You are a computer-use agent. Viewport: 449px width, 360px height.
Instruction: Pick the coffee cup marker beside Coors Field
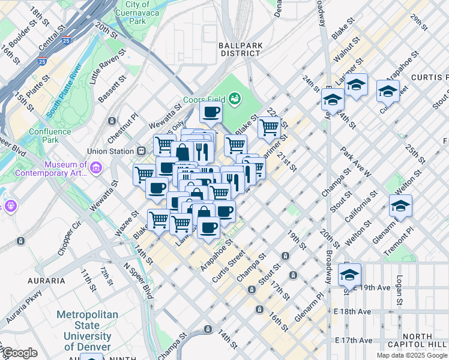211,112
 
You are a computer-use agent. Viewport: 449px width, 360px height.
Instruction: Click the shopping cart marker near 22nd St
270,127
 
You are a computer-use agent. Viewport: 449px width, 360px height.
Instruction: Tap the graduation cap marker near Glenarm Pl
400,206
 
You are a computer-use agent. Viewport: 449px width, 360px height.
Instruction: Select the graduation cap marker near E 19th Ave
349,275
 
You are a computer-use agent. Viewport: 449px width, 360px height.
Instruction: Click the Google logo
19,353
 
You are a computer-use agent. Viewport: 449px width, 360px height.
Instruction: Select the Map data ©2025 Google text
411,355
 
